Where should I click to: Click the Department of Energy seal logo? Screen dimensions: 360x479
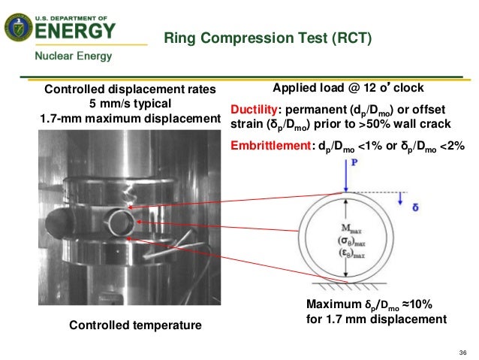click(18, 29)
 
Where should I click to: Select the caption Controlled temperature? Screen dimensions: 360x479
click(135, 325)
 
